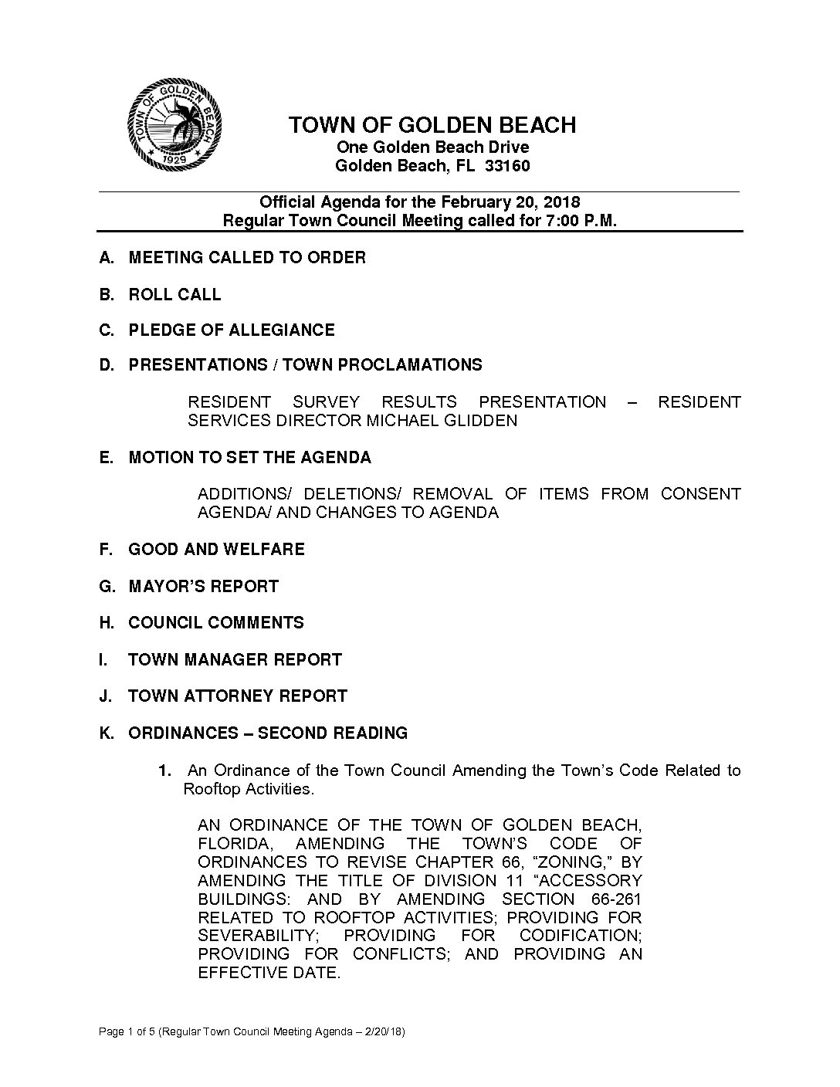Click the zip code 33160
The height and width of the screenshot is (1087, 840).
tap(506, 166)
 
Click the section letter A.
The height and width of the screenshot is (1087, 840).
tap(107, 258)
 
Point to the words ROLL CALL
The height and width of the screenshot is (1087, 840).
tap(174, 294)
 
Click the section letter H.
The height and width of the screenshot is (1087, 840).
tap(107, 623)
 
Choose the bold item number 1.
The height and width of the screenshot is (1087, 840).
tap(163, 770)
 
